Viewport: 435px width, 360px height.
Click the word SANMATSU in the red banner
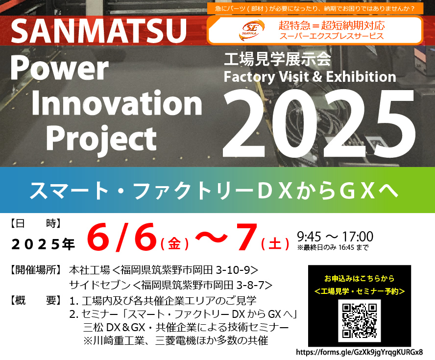click(x=99, y=31)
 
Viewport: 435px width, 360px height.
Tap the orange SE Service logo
click(x=251, y=30)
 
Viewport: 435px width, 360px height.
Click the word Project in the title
click(x=101, y=139)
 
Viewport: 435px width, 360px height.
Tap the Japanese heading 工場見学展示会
click(x=277, y=59)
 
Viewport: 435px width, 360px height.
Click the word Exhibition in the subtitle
click(x=361, y=76)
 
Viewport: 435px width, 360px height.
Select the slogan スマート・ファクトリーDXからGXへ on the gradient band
click(x=214, y=191)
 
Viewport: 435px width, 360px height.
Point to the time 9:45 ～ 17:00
click(x=335, y=237)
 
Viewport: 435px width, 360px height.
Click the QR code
click(x=359, y=321)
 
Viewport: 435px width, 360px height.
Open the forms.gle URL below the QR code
click(x=359, y=352)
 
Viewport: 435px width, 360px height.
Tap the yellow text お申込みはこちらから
click(x=359, y=278)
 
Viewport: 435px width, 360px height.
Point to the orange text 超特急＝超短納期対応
click(x=332, y=25)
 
